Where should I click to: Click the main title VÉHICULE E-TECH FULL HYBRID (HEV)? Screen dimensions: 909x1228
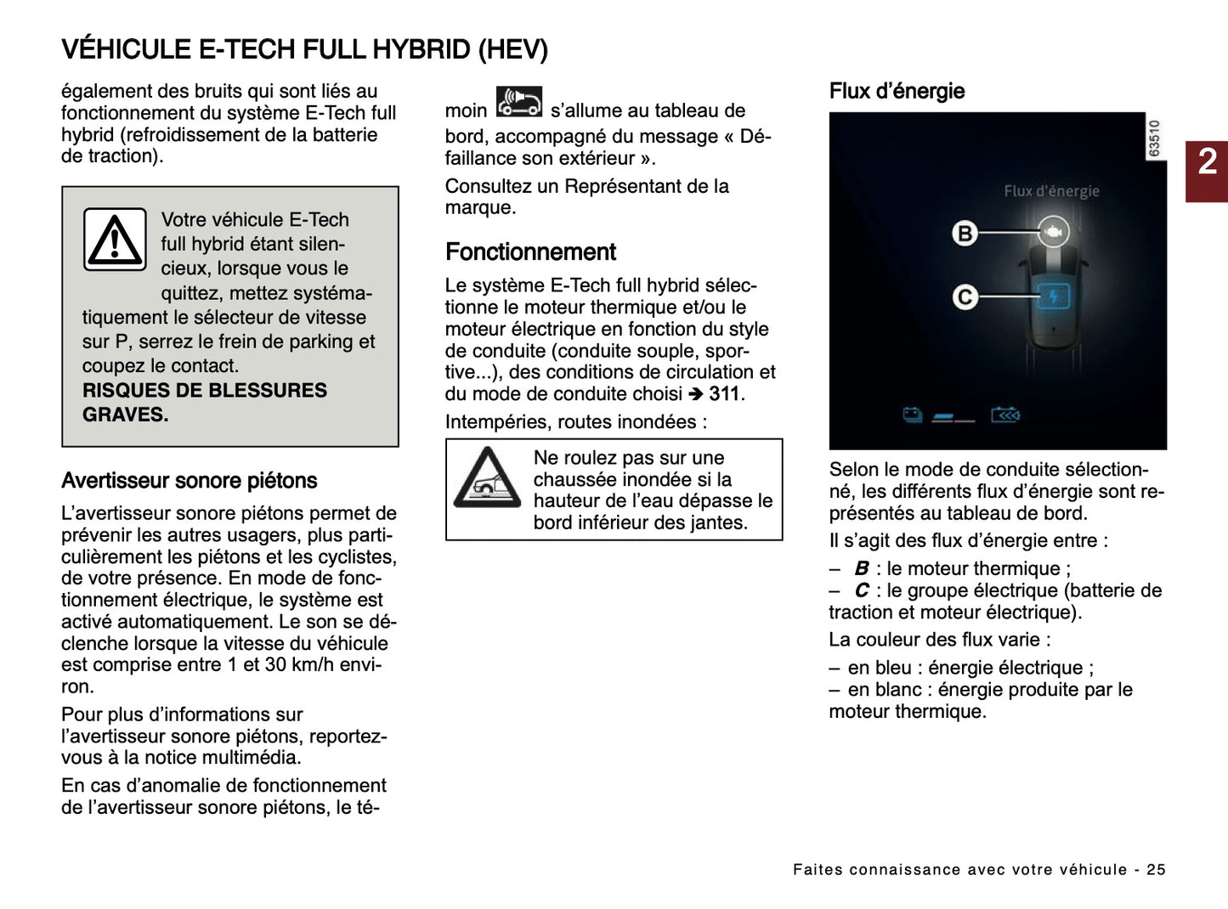[x=304, y=49]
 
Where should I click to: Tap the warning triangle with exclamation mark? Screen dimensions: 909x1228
[x=115, y=240]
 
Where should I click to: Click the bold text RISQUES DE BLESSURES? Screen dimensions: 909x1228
[x=204, y=391]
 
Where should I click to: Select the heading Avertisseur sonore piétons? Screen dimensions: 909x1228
[x=189, y=481]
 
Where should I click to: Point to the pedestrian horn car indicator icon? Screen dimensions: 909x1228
[x=518, y=103]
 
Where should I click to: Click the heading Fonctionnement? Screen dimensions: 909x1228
[x=530, y=252]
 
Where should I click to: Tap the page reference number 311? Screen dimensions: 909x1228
[x=725, y=394]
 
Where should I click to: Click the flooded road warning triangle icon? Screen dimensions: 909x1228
[x=487, y=479]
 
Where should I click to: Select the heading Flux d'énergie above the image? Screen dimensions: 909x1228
[x=897, y=91]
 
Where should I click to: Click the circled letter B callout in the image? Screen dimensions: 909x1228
[x=965, y=233]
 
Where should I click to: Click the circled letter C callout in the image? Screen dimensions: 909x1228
[x=965, y=297]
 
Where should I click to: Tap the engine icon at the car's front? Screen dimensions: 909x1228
[x=1054, y=231]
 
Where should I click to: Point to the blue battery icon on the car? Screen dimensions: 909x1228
[x=1054, y=296]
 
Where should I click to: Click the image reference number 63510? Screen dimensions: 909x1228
[x=1154, y=138]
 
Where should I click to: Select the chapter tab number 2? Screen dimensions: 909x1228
[x=1207, y=162]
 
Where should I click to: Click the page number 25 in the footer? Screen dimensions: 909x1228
[x=1156, y=869]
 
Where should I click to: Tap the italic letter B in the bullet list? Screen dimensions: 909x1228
[x=862, y=568]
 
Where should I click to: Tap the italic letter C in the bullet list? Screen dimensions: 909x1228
[x=862, y=590]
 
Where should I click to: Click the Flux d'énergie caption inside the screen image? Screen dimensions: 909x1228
[x=1051, y=191]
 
